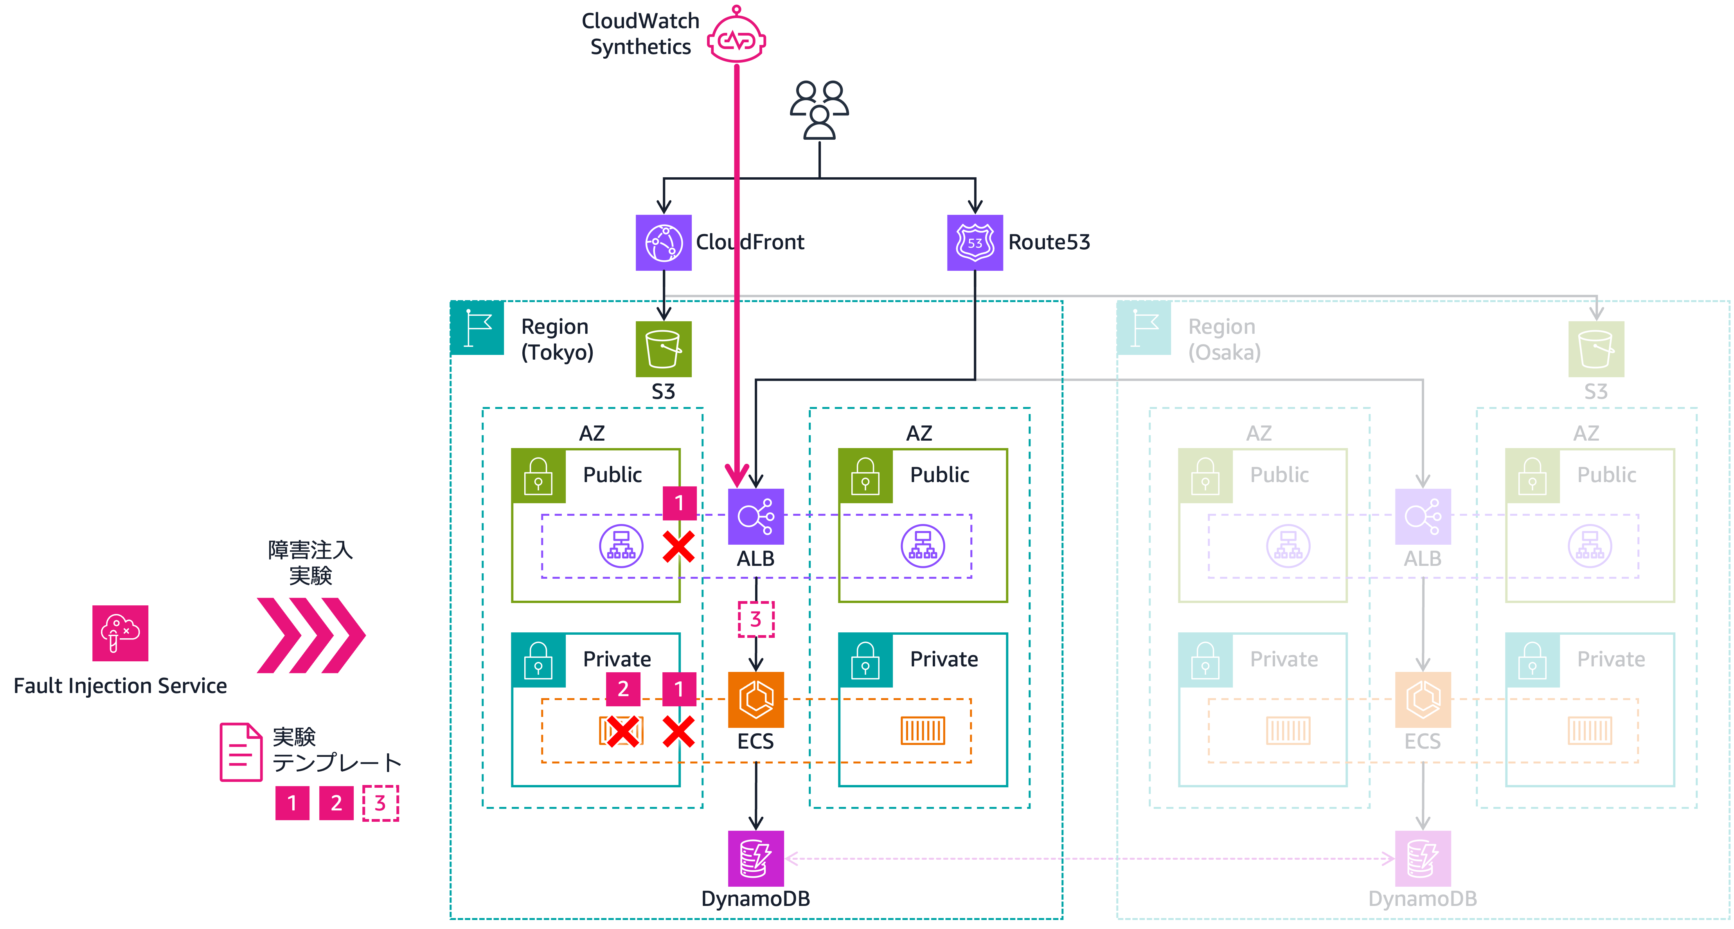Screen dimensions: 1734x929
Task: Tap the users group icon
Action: tap(819, 110)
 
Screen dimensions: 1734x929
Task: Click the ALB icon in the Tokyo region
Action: tap(756, 516)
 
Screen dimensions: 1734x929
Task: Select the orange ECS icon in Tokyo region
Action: tap(756, 699)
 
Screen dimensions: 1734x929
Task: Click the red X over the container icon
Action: tap(622, 731)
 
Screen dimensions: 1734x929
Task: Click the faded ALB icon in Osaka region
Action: tap(1423, 516)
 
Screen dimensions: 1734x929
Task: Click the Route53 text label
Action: tap(1049, 242)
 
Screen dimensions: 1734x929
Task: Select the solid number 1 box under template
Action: tap(292, 803)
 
